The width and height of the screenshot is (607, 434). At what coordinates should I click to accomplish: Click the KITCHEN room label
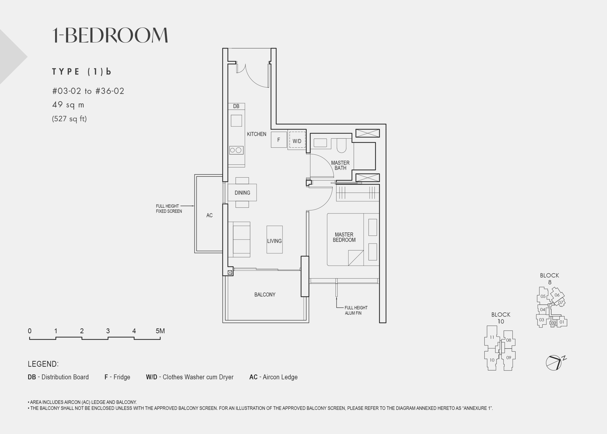(x=256, y=134)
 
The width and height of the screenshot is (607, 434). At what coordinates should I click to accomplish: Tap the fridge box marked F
(x=279, y=139)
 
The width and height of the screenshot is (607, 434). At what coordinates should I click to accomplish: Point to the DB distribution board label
(x=236, y=106)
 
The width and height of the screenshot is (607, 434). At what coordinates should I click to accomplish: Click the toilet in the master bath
(x=341, y=145)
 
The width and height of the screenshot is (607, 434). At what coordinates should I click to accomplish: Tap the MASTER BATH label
(x=340, y=165)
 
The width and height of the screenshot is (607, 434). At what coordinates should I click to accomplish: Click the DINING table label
(x=242, y=193)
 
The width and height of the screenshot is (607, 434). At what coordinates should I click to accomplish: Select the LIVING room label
(x=275, y=241)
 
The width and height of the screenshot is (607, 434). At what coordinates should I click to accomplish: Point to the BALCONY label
(x=265, y=295)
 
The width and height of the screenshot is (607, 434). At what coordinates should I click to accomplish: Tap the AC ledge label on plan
(x=209, y=215)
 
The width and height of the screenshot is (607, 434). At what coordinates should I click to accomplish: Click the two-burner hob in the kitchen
(x=236, y=150)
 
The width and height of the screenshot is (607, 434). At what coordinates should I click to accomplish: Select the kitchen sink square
(x=236, y=121)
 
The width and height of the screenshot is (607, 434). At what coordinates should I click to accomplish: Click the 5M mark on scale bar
(x=160, y=331)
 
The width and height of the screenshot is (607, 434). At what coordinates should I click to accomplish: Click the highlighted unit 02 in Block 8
(x=554, y=323)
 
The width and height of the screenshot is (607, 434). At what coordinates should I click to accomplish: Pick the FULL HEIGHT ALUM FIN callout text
(x=356, y=310)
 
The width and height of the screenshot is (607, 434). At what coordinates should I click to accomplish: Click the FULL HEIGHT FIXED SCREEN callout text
(x=169, y=209)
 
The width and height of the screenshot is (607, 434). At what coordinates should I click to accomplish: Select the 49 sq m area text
(x=68, y=104)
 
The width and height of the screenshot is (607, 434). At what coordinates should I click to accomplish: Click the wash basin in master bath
(x=320, y=143)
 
